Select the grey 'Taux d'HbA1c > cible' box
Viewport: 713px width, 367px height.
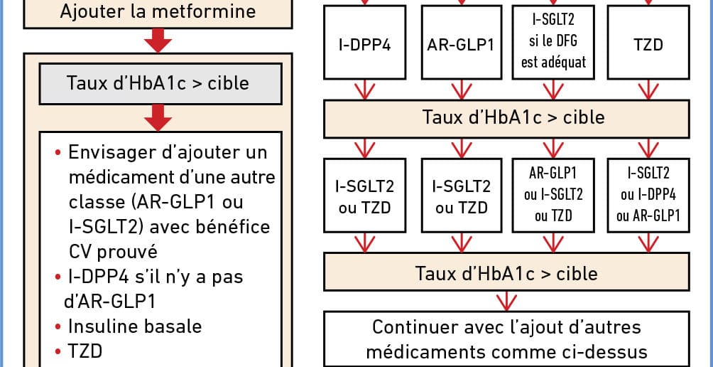(x=160, y=84)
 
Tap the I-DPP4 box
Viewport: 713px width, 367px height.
(x=364, y=43)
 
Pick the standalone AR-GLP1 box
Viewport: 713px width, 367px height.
(x=462, y=43)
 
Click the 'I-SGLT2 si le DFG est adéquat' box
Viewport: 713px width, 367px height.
(x=553, y=43)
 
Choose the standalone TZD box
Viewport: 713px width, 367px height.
(x=648, y=43)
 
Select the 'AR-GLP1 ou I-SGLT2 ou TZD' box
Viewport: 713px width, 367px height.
(x=553, y=195)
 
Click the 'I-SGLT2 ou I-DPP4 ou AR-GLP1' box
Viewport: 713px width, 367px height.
(x=648, y=195)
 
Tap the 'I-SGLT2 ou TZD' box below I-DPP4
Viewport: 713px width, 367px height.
(x=364, y=195)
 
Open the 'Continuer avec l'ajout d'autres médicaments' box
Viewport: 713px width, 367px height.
(x=506, y=339)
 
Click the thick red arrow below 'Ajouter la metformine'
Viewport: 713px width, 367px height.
(x=158, y=41)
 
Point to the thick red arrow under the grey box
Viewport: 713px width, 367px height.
(x=158, y=118)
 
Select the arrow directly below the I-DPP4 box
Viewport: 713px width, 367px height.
(x=364, y=90)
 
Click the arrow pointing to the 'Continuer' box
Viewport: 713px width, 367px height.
(x=506, y=301)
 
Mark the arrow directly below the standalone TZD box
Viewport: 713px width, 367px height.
(x=648, y=90)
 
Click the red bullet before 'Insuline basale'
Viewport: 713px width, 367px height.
(x=58, y=326)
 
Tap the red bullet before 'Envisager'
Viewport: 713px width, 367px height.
(x=58, y=152)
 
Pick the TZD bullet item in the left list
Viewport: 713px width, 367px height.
(x=78, y=351)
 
